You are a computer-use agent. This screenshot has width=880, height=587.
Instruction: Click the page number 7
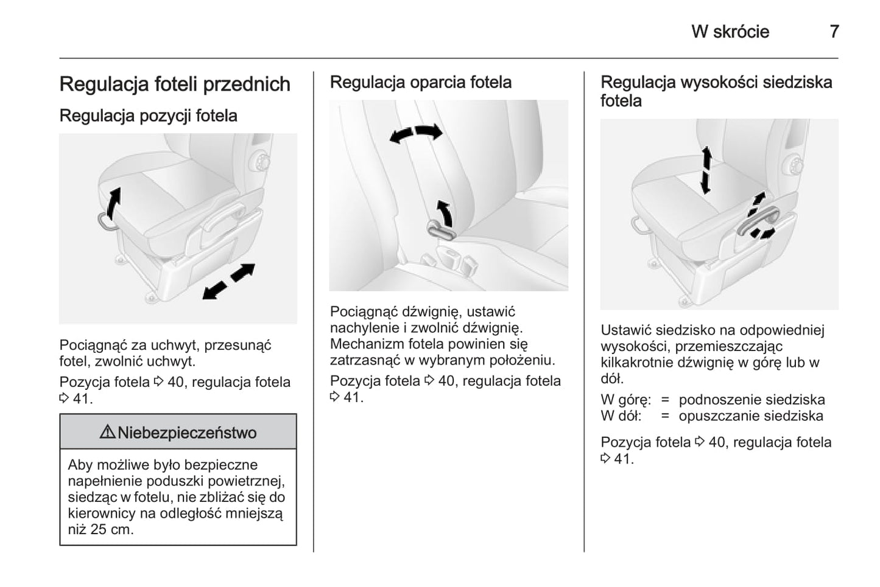pyautogui.click(x=834, y=32)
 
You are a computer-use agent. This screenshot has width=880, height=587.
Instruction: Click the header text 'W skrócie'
pyautogui.click(x=730, y=32)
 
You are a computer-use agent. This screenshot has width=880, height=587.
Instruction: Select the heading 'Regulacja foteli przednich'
pyautogui.click(x=175, y=84)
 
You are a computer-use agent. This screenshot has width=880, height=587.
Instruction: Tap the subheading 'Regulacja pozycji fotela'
pyautogui.click(x=148, y=116)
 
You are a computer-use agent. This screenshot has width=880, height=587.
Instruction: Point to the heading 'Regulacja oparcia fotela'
pyautogui.click(x=420, y=82)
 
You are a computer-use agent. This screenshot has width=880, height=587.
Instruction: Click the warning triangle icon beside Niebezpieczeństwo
pyautogui.click(x=107, y=432)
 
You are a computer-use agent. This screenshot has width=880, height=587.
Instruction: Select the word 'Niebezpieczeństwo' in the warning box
pyautogui.click(x=187, y=432)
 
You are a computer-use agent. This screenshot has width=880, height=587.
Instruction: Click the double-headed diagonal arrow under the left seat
pyautogui.click(x=228, y=281)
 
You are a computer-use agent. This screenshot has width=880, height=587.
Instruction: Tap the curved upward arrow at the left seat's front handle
pyautogui.click(x=113, y=204)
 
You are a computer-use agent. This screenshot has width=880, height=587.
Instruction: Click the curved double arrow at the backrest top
pyautogui.click(x=416, y=133)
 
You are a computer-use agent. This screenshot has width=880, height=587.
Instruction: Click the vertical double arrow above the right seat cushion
pyautogui.click(x=706, y=170)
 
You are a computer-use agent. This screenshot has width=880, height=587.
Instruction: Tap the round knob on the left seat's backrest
pyautogui.click(x=262, y=161)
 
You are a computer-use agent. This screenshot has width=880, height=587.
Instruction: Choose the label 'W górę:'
pyautogui.click(x=625, y=400)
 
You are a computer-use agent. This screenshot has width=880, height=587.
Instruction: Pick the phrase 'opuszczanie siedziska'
pyautogui.click(x=751, y=416)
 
